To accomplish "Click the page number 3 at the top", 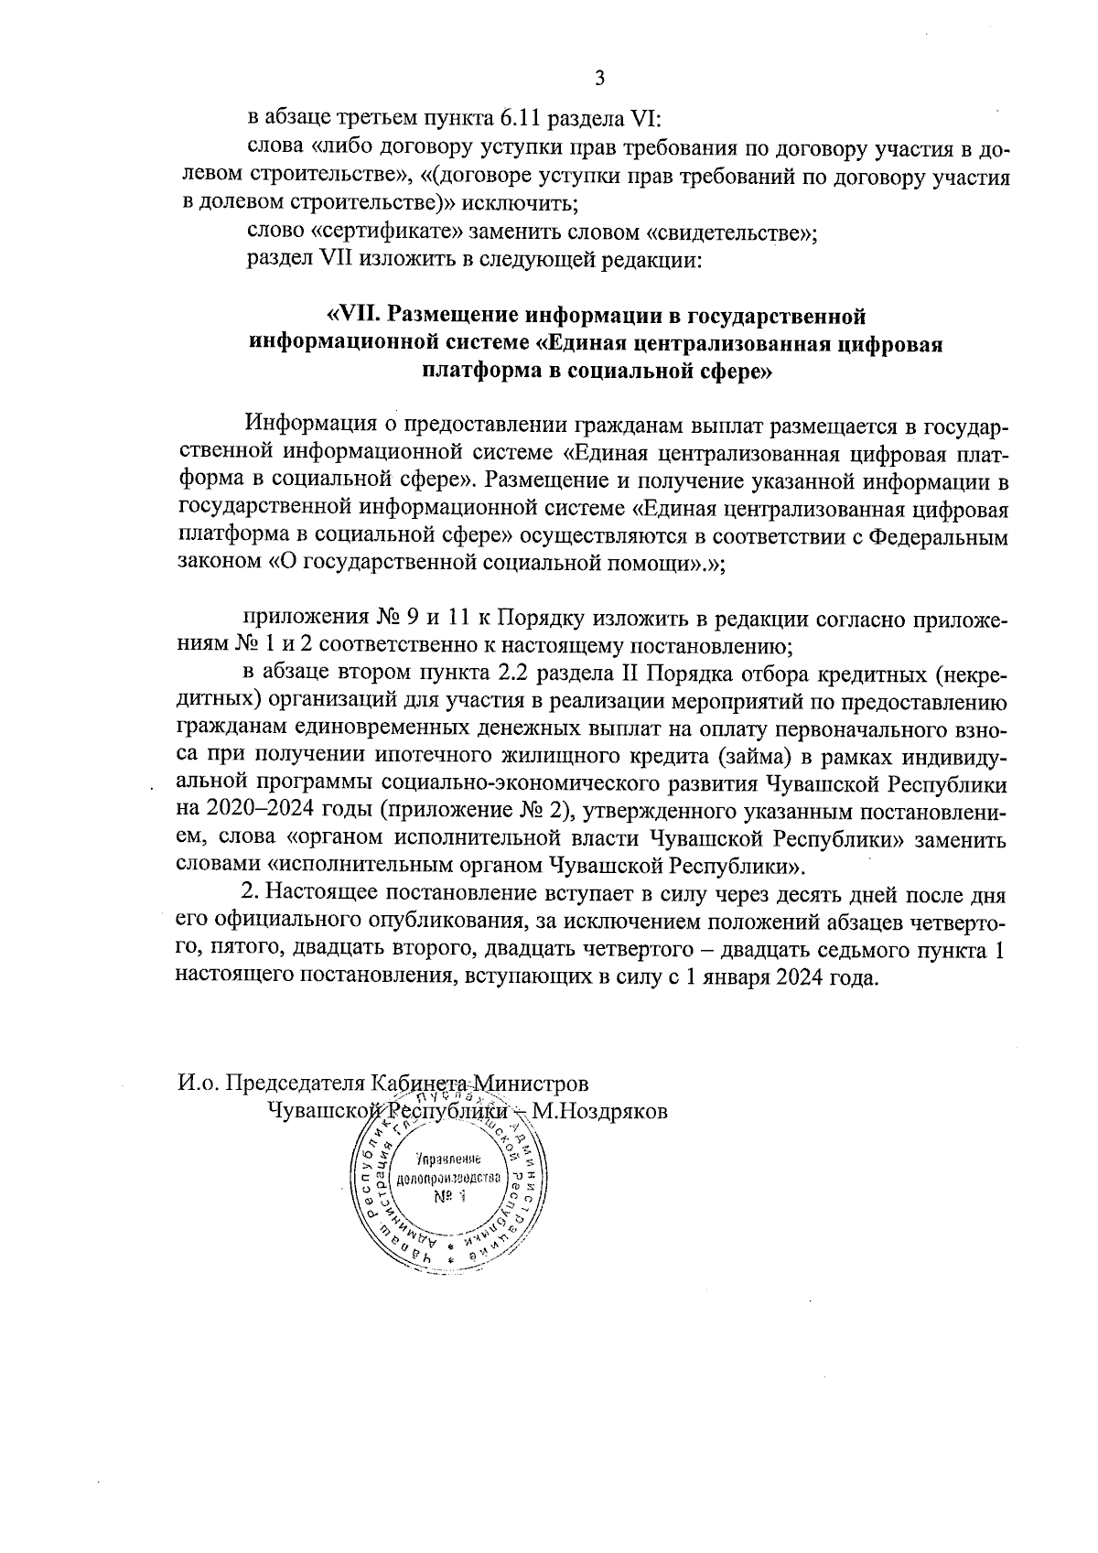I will [x=600, y=78].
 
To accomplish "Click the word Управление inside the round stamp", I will [x=448, y=1158].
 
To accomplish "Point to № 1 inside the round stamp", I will [x=449, y=1196].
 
